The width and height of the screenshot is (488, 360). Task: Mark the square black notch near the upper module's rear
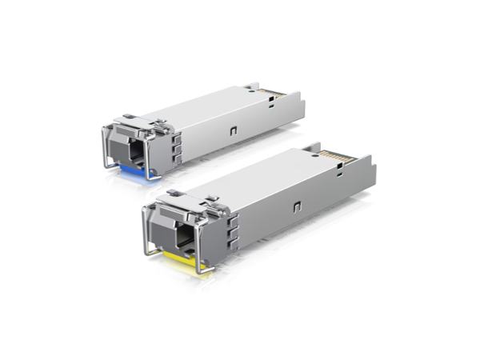click(274, 102)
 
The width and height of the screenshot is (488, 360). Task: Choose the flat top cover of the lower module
click(256, 181)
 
